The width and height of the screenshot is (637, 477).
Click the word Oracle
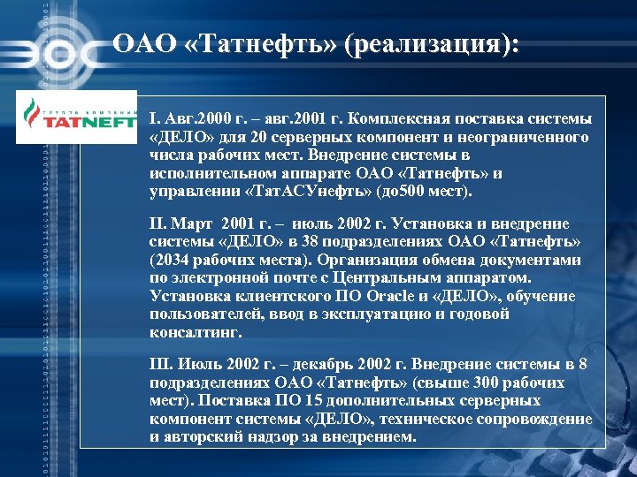click(384, 295)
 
